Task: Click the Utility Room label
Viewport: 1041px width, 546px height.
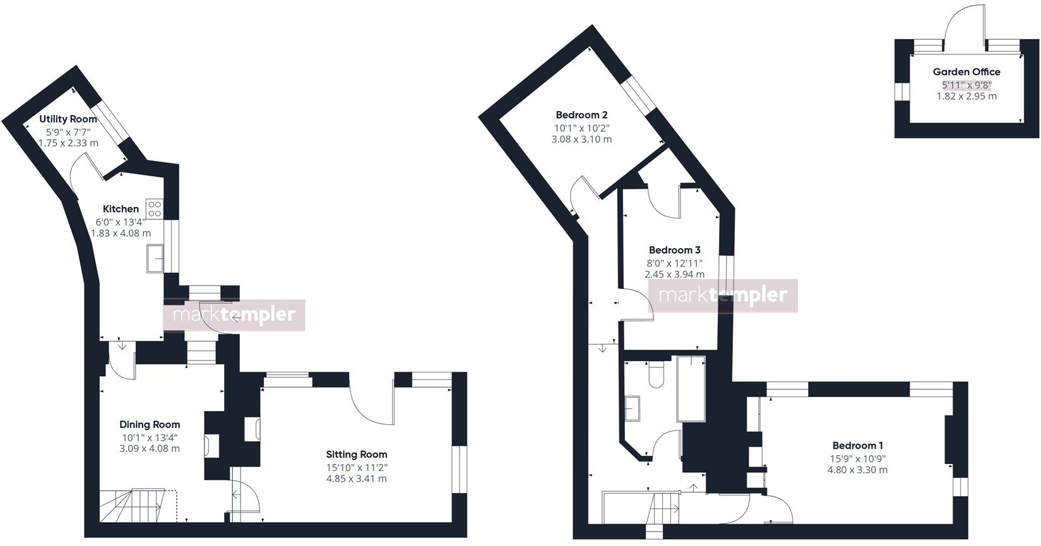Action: (x=68, y=119)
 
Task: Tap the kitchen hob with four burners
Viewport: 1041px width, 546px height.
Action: (x=155, y=208)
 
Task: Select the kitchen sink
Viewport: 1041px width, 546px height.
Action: (x=155, y=258)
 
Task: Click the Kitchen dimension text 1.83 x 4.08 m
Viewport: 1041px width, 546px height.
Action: (x=121, y=233)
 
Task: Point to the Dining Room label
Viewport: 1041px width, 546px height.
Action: (x=150, y=425)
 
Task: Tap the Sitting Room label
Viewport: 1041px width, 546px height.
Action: (x=357, y=454)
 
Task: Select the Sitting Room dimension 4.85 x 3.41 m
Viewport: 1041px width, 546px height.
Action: (x=357, y=479)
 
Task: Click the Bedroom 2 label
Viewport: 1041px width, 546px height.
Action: (x=581, y=115)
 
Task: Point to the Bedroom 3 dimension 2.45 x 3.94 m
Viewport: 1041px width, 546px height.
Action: (x=674, y=275)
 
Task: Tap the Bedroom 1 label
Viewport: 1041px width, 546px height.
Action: (x=857, y=446)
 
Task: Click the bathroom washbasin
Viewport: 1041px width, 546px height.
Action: (x=633, y=408)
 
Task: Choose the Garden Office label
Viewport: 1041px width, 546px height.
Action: (x=967, y=72)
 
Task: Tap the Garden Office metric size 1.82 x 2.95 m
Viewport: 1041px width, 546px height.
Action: (x=967, y=97)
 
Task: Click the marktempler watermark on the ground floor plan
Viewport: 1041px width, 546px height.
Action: (x=234, y=315)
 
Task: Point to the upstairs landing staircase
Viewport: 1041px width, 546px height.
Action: (x=665, y=507)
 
